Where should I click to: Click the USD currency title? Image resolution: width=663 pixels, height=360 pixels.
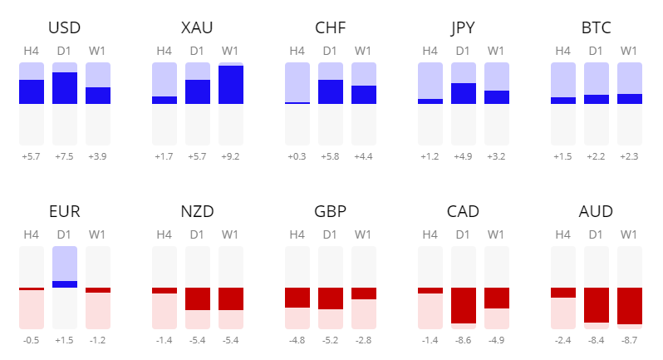click(65, 28)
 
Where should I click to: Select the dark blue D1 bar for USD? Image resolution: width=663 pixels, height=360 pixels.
click(65, 88)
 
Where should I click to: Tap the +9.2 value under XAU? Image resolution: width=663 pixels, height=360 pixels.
click(230, 156)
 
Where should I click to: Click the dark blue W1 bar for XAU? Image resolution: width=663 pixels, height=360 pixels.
click(230, 85)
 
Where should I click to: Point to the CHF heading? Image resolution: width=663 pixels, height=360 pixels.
click(331, 28)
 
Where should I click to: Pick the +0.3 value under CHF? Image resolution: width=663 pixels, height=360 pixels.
click(297, 156)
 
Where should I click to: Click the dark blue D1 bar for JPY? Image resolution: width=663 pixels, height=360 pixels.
click(464, 94)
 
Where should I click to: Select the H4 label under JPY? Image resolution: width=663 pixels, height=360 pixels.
click(430, 52)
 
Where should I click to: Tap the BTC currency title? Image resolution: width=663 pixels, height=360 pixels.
click(597, 28)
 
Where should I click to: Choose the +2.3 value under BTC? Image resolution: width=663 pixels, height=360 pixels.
click(629, 156)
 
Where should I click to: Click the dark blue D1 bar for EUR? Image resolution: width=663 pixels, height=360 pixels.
click(65, 284)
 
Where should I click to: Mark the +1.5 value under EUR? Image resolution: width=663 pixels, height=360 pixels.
click(65, 340)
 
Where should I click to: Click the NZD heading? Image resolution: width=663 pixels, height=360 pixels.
click(198, 212)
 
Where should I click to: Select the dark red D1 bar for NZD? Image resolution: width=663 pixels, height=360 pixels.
click(198, 298)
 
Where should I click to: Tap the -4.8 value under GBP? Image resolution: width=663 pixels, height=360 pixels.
click(297, 340)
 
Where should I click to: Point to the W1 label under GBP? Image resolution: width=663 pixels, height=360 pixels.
click(363, 235)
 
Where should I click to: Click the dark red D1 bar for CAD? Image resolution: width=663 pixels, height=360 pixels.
click(464, 305)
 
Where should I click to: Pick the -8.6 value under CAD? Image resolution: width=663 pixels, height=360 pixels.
click(464, 340)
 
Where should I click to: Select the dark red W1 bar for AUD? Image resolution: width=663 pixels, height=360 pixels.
click(629, 305)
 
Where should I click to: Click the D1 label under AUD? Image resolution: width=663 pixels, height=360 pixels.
click(596, 235)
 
